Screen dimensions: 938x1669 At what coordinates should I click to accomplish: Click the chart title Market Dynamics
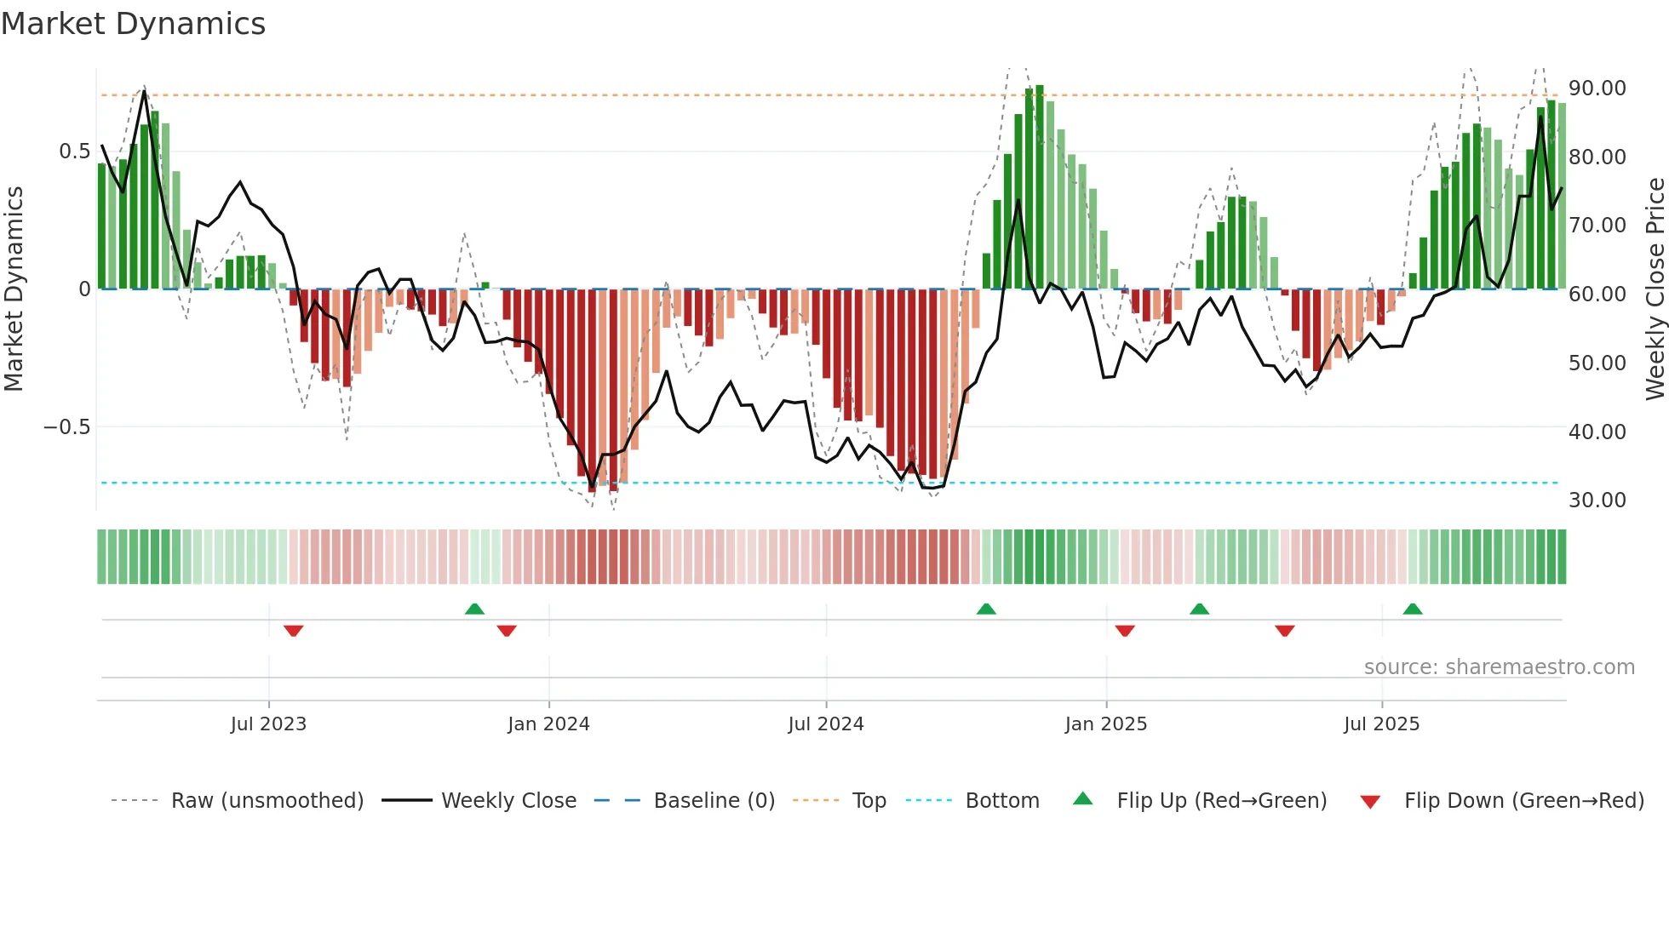133,24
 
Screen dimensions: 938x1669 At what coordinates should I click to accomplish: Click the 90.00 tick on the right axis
1597,89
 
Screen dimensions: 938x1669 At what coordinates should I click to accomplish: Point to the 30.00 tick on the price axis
1597,500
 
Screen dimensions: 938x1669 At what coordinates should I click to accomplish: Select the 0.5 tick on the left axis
74,152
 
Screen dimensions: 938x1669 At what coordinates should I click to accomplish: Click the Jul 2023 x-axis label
268,724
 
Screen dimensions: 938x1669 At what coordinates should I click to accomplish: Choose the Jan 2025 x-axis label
1105,724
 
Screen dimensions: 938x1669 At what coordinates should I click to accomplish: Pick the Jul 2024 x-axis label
825,724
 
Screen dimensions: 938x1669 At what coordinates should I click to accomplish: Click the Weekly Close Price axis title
1655,289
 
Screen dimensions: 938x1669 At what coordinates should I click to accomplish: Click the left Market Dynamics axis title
14,289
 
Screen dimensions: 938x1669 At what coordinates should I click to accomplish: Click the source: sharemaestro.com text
1499,667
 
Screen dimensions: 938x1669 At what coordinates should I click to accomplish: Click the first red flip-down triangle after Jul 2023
294,631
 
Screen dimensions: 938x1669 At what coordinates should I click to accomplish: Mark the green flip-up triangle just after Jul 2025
1413,609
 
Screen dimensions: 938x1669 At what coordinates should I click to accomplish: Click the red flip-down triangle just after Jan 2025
1125,631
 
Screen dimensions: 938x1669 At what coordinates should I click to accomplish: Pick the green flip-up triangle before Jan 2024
474,609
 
